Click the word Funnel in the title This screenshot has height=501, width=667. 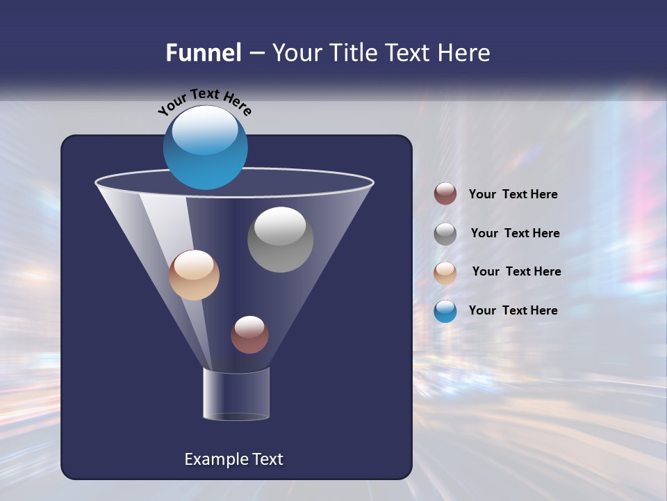(204, 53)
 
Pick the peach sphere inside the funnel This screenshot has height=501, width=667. (194, 276)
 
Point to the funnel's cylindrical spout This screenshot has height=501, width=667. (236, 394)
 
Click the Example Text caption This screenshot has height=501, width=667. (233, 459)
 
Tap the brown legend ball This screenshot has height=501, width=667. (445, 194)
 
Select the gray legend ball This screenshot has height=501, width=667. (445, 233)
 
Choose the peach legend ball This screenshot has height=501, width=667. (445, 272)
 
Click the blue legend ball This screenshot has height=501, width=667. (445, 311)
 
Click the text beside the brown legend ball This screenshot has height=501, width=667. (513, 195)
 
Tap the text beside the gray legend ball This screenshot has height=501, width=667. (515, 234)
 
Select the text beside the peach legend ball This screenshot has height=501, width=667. (516, 272)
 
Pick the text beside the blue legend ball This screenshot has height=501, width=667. (513, 311)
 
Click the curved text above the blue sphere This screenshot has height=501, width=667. (204, 100)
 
